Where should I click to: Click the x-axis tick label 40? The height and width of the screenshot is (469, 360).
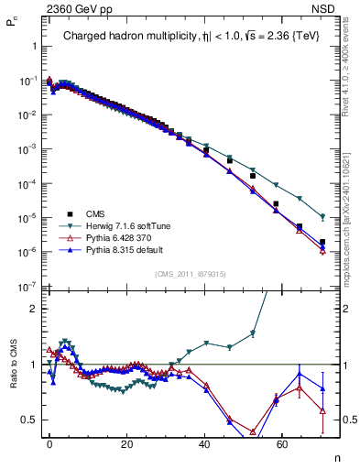(x=203, y=442)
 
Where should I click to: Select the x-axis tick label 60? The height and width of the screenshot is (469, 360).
(x=279, y=442)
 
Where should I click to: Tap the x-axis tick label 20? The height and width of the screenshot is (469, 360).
(x=126, y=442)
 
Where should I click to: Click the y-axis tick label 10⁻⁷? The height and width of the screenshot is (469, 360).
(x=25, y=288)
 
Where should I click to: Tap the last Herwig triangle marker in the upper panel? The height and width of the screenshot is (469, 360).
(x=322, y=217)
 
